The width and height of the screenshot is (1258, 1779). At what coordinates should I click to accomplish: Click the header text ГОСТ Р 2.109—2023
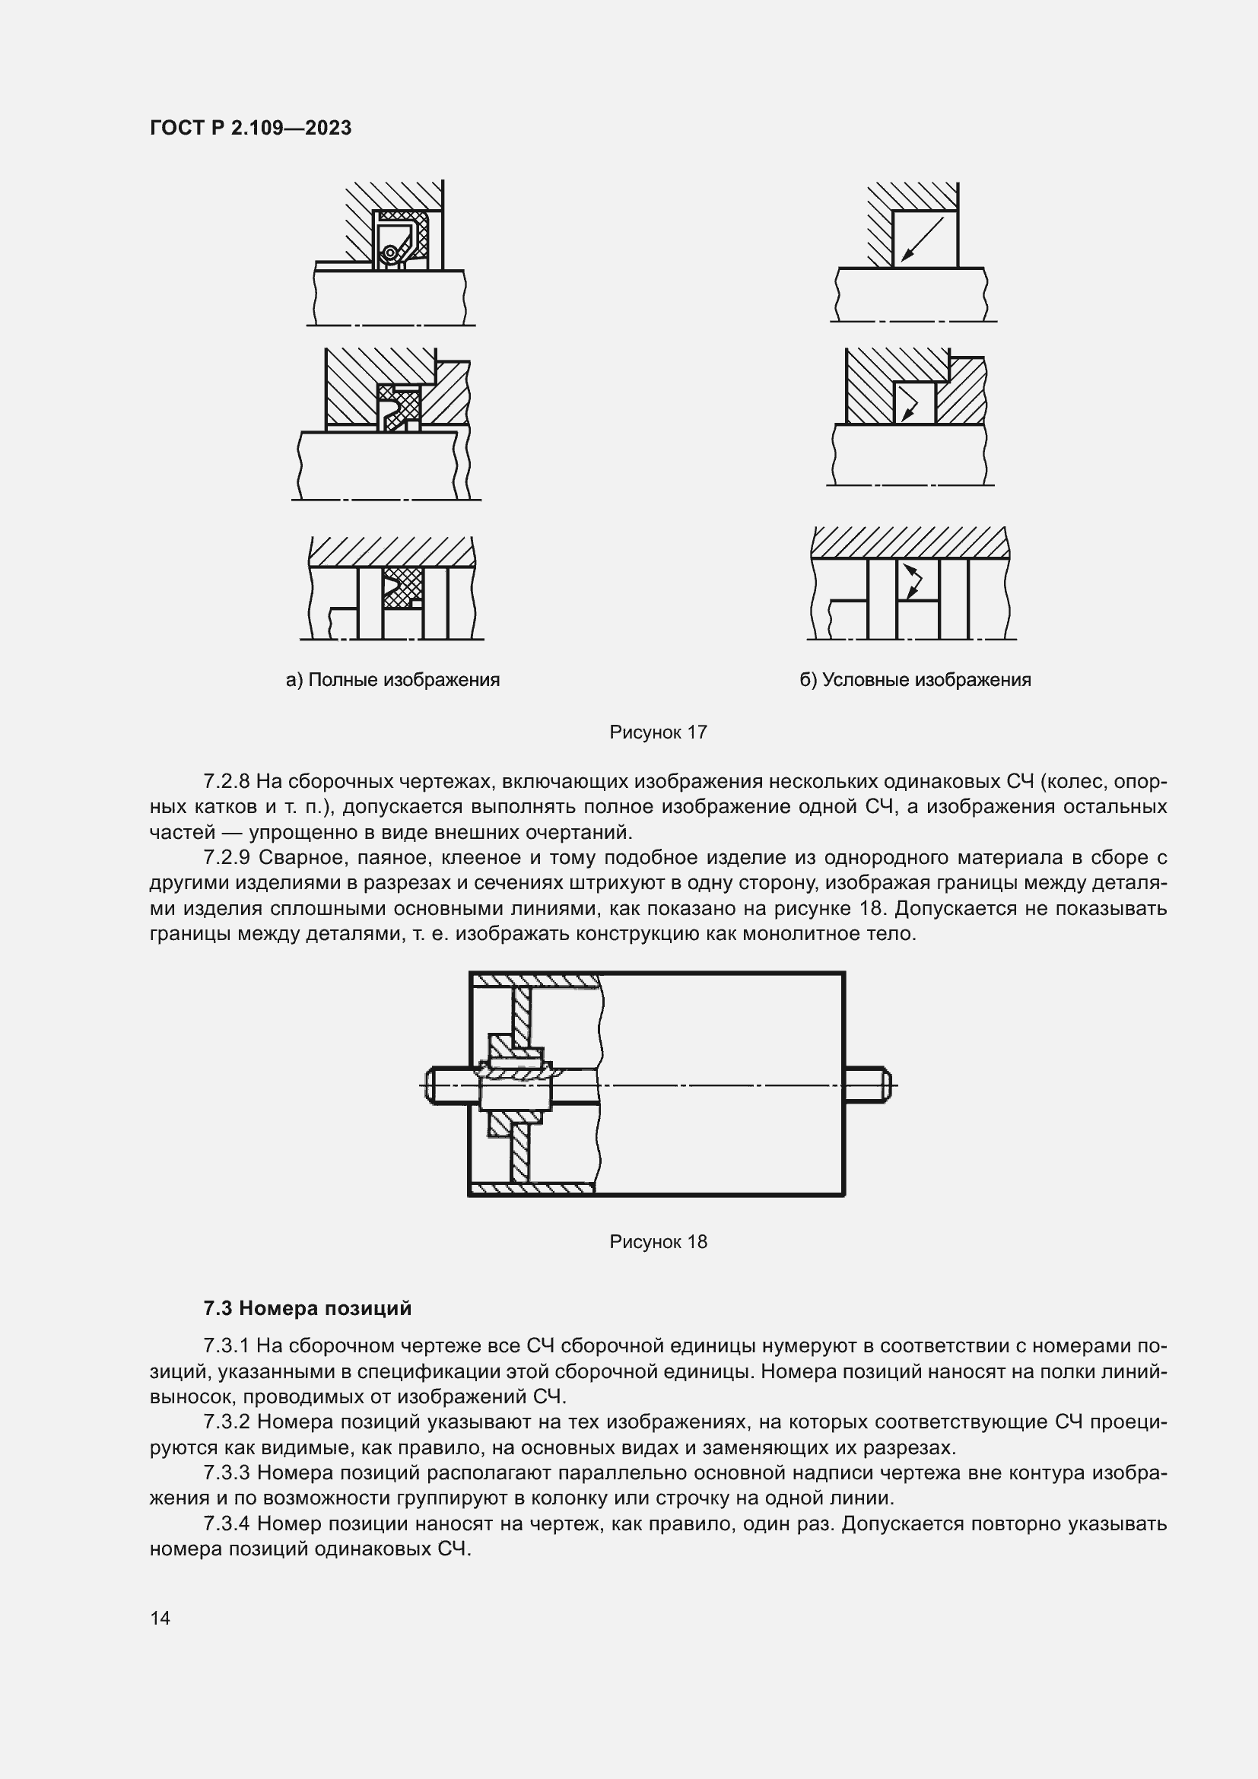point(250,128)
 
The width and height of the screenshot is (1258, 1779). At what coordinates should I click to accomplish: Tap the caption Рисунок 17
point(658,732)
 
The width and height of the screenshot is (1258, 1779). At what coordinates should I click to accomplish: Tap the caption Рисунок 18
point(658,1242)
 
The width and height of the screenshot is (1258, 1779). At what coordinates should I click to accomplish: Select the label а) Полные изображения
point(392,680)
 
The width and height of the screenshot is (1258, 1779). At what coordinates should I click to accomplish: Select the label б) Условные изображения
point(915,680)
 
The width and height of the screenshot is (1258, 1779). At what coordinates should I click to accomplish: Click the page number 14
point(160,1618)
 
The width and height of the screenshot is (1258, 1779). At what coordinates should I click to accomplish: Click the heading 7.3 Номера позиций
point(307,1309)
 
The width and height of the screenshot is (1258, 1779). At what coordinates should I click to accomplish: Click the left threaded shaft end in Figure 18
point(448,1085)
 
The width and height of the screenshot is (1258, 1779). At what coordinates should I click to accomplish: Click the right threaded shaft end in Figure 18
point(868,1085)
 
